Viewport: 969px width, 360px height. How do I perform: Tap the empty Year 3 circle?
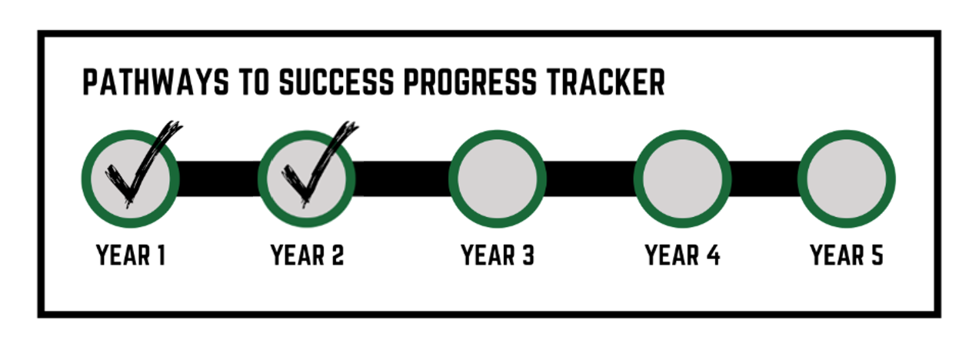coord(497,178)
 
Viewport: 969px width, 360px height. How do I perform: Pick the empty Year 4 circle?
coord(682,178)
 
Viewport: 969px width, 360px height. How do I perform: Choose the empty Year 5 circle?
coord(847,178)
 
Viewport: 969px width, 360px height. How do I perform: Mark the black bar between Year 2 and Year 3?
coord(401,178)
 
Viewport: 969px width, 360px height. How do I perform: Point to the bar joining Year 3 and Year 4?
coord(590,178)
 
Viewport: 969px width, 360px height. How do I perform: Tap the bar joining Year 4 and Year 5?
coord(764,178)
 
